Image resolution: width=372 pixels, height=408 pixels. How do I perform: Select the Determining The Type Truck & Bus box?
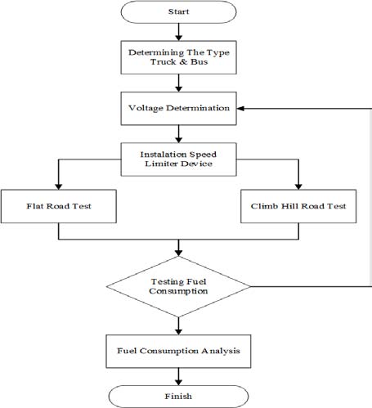[x=178, y=59]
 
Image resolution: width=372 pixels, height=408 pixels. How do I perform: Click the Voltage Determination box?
[x=178, y=108]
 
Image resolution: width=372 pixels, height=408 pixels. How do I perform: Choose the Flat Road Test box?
[x=58, y=206]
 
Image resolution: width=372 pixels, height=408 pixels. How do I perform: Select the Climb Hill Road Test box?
[x=298, y=206]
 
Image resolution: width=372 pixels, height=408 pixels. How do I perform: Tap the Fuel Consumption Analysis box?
[x=178, y=351]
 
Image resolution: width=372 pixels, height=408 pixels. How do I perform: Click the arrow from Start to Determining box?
[x=178, y=33]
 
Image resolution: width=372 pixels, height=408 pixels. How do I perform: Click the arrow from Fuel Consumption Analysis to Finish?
[x=178, y=375]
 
